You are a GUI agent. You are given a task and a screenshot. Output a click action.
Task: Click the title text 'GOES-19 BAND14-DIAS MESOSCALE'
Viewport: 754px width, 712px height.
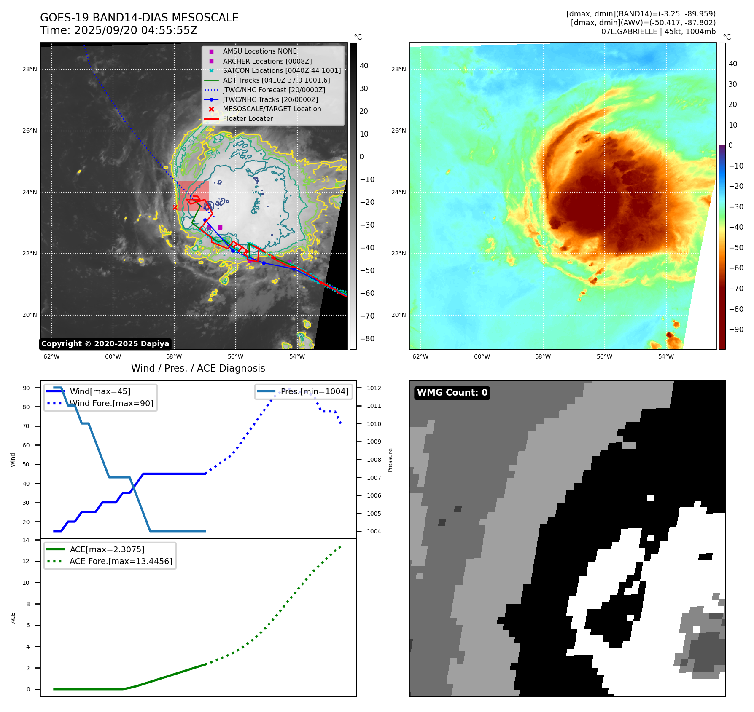coord(139,18)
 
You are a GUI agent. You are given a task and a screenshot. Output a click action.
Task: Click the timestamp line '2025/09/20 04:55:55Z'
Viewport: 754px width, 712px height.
coord(136,30)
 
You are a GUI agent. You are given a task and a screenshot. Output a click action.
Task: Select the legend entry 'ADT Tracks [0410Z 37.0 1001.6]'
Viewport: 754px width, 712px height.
coord(276,80)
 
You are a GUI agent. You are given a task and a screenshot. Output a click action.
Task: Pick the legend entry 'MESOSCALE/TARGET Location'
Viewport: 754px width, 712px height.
coord(272,109)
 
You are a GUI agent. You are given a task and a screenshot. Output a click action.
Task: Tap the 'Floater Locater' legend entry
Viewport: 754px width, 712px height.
coord(248,118)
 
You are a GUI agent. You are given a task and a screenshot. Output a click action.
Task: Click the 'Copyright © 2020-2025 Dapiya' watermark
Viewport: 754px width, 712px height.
coord(105,344)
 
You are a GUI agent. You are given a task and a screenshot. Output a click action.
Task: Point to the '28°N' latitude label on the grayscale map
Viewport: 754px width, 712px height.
coord(30,69)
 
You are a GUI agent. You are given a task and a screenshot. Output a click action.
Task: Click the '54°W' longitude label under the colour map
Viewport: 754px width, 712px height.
coord(666,356)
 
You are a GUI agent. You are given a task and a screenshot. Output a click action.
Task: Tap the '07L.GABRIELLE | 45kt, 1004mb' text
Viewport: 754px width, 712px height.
coord(658,32)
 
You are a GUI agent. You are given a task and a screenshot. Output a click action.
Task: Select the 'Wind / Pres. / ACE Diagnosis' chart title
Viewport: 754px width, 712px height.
coord(198,368)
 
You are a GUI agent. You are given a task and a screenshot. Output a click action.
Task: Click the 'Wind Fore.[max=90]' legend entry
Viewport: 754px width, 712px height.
coord(111,403)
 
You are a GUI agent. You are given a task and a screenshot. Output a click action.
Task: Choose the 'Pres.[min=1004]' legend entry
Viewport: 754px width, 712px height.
coord(315,391)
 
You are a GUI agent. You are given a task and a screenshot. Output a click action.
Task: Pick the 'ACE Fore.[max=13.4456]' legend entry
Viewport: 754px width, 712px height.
coord(121,561)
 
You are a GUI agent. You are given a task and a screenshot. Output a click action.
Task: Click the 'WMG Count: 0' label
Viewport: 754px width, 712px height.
coord(452,393)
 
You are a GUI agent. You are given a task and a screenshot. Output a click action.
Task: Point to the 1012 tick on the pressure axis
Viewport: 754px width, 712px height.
coord(374,388)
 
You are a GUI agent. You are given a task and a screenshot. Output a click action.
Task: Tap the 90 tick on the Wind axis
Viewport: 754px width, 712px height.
coord(26,388)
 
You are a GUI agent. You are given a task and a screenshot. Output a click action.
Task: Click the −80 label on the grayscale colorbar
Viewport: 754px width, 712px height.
coord(367,339)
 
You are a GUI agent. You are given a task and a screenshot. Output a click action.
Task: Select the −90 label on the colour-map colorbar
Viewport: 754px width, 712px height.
coord(736,329)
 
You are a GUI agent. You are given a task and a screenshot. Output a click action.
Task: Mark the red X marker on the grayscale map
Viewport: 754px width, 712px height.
coord(175,207)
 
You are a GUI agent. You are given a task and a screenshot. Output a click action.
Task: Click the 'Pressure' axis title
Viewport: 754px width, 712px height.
coord(390,460)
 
